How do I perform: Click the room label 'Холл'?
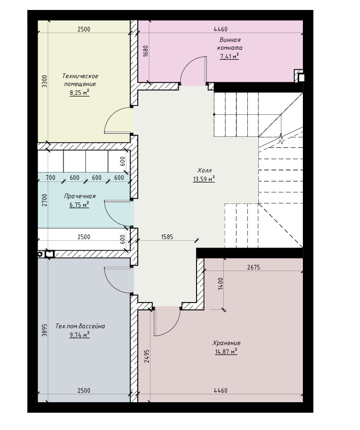click(204, 170)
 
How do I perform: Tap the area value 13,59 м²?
click(204, 179)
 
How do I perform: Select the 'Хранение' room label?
click(226, 343)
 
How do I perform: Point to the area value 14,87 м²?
click(226, 351)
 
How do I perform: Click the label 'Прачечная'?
click(80, 196)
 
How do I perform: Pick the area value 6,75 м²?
click(79, 205)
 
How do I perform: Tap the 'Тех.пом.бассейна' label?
click(80, 326)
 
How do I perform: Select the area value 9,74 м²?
click(80, 335)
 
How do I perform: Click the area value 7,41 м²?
click(230, 57)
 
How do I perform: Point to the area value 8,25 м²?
click(80, 93)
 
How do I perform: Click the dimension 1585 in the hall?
click(167, 236)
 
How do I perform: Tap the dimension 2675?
click(254, 267)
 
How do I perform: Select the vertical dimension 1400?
click(221, 284)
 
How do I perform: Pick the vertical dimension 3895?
click(45, 330)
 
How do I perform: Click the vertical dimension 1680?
click(146, 51)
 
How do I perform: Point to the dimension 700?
click(50, 178)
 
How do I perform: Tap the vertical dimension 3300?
click(45, 81)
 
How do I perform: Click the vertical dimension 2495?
click(147, 356)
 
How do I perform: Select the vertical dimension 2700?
click(45, 200)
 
